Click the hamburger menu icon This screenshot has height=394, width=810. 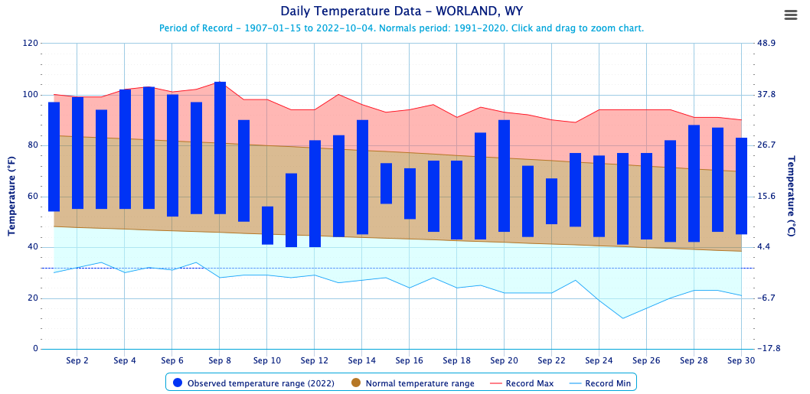pos(791,15)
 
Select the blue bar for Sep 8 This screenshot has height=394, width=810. pos(220,148)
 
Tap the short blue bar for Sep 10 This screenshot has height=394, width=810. pos(267,226)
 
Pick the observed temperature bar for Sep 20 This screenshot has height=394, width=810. pos(504,176)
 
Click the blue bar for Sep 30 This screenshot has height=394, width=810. pos(741,186)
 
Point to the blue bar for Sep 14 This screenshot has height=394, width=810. pos(362,177)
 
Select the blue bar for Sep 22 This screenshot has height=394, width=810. pos(551,201)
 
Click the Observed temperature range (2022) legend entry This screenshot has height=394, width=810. pos(255,383)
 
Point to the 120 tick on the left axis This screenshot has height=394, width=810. pos(31,44)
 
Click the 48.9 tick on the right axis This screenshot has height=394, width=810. pos(766,44)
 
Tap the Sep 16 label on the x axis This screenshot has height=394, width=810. pos(409,360)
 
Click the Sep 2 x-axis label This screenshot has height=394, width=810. pos(77,360)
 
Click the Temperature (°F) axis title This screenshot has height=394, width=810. pos(12,196)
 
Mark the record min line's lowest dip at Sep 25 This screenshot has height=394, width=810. pos(622,318)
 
